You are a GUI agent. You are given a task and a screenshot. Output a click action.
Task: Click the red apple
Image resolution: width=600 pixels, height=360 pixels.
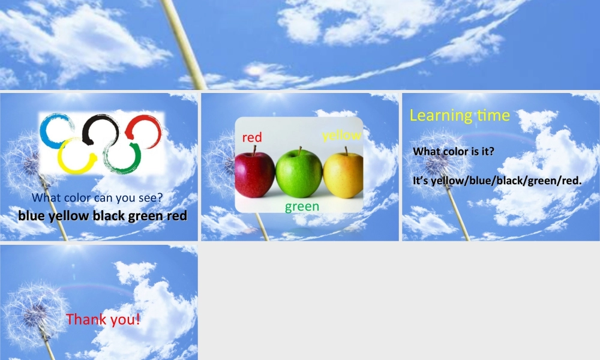pyautogui.click(x=254, y=175)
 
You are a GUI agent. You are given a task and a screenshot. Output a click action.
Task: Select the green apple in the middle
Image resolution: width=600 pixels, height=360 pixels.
pyautogui.click(x=299, y=173)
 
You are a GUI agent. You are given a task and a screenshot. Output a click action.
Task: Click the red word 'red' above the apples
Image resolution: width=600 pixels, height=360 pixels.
pyautogui.click(x=252, y=137)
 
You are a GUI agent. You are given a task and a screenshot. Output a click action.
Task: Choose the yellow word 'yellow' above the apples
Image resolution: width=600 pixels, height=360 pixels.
pyautogui.click(x=341, y=136)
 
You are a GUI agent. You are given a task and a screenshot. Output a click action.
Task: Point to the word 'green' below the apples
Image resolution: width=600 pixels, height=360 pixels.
pyautogui.click(x=302, y=207)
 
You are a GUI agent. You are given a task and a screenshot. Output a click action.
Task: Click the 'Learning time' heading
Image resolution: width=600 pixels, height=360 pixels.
pyautogui.click(x=460, y=115)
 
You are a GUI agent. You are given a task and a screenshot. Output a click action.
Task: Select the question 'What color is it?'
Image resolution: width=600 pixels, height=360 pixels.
pyautogui.click(x=454, y=152)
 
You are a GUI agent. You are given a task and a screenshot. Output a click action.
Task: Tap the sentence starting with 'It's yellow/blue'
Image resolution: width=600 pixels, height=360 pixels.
pyautogui.click(x=497, y=181)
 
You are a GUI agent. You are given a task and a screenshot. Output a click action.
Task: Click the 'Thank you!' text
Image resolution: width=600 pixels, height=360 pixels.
pyautogui.click(x=103, y=319)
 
